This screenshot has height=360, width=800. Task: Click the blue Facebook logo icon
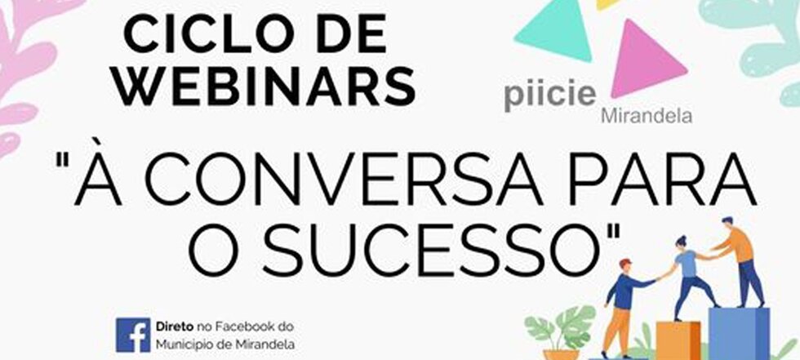133,335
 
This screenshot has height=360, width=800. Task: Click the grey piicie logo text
550,96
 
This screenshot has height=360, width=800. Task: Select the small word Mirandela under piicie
647,117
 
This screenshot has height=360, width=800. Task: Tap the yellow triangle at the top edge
607,3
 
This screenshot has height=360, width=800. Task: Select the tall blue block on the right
739,334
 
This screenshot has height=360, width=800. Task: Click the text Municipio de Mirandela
225,344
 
